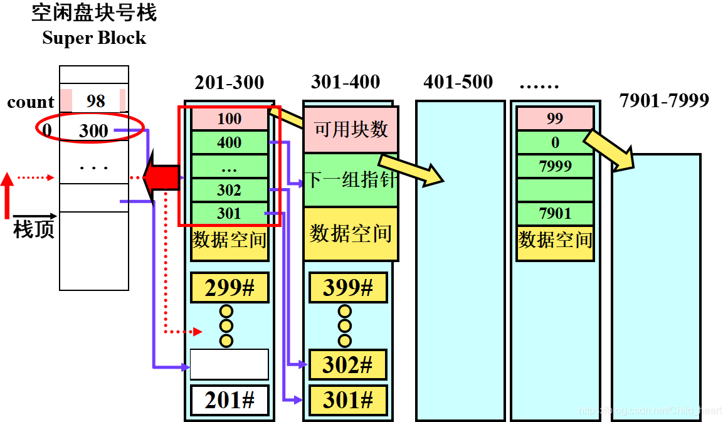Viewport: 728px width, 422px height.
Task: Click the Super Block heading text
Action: (x=94, y=38)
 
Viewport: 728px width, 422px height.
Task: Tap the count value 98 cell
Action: (x=95, y=101)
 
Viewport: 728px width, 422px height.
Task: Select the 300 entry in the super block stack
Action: (x=93, y=130)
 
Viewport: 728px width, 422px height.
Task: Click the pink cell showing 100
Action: (x=229, y=119)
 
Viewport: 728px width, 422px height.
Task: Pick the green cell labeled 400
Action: (x=229, y=142)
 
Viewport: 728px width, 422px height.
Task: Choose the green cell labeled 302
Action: (x=229, y=190)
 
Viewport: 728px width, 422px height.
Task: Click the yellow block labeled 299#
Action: (x=229, y=288)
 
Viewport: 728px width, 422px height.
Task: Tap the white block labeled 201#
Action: (x=229, y=400)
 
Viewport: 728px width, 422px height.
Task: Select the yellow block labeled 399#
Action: (x=348, y=288)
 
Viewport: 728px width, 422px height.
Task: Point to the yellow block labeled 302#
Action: (x=348, y=364)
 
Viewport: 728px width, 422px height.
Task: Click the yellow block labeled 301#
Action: (x=348, y=400)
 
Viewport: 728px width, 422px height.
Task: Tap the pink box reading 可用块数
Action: (x=351, y=129)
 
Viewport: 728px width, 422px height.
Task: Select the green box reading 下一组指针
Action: (x=351, y=180)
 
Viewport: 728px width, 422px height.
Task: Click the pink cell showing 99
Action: (x=555, y=119)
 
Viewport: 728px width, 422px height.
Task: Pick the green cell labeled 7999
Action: (x=555, y=166)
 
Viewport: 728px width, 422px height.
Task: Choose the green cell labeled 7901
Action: (x=555, y=214)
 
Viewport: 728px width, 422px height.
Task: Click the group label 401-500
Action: (x=458, y=82)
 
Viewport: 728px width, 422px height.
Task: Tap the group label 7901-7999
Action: (x=664, y=100)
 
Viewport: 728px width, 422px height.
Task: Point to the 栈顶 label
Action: (x=34, y=230)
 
